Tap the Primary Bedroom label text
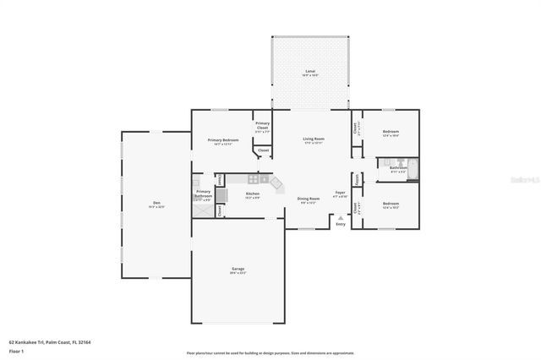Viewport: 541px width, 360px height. (x=223, y=139)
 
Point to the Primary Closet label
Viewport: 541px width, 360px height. (x=263, y=124)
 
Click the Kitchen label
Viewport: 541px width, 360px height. (x=252, y=194)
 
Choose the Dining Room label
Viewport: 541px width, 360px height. (x=308, y=199)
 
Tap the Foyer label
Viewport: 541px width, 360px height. (x=340, y=194)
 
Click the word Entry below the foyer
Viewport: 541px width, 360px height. (x=341, y=224)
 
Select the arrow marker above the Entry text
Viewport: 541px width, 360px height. (x=341, y=217)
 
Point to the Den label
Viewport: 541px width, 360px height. (x=156, y=202)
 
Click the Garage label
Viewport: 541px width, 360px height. (x=238, y=270)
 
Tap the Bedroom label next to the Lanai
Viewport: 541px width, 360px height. (x=390, y=132)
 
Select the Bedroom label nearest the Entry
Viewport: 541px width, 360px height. (x=390, y=204)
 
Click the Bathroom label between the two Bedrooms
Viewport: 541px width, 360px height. (x=398, y=168)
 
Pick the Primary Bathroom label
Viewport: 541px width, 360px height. (x=204, y=193)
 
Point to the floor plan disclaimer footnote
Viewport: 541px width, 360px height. (x=270, y=352)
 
